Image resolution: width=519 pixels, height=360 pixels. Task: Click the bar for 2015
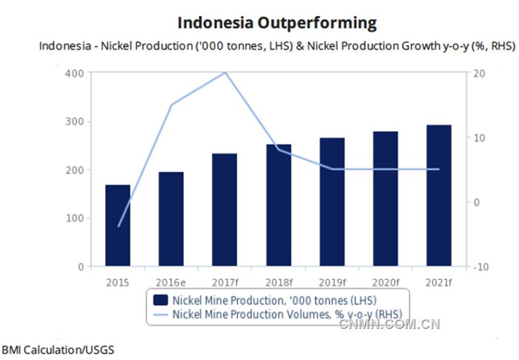coord(118,226)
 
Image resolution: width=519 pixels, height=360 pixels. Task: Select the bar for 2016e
coord(171,219)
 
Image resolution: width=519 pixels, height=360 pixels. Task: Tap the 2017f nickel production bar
coord(225,210)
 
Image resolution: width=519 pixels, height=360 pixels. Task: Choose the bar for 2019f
coord(332,202)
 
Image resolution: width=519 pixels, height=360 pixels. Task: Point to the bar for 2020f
coord(385,199)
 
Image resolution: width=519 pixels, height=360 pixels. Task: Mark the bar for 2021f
coord(439,196)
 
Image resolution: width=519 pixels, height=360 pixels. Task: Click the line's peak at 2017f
coord(225,72)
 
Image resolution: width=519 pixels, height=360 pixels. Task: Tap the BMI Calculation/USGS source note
coord(53,348)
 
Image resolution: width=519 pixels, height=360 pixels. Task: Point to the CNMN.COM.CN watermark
coord(389,324)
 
